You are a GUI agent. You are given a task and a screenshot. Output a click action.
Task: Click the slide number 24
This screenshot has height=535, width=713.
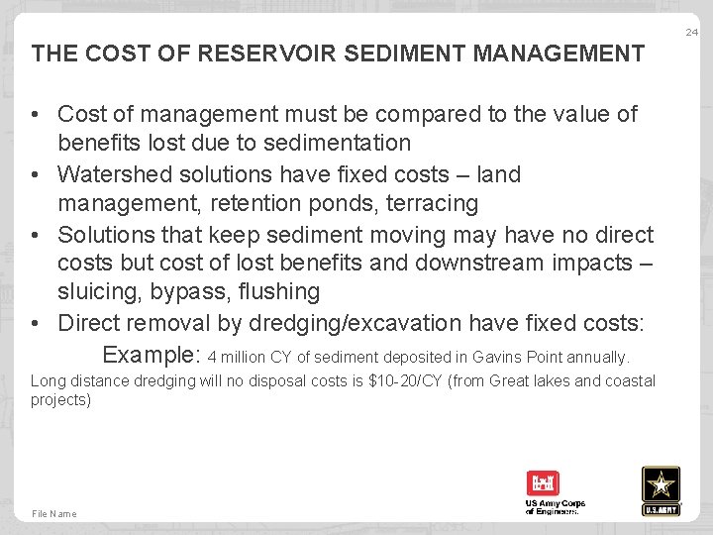692,33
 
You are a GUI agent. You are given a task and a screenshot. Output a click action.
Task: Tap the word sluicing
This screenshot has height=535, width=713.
98,292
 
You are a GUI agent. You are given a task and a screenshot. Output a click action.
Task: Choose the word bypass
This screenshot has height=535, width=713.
188,292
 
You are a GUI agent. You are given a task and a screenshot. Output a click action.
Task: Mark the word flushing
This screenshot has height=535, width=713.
278,292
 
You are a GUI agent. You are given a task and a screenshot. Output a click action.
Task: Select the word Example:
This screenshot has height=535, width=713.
153,355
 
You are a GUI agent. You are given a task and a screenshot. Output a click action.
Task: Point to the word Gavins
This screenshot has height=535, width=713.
501,357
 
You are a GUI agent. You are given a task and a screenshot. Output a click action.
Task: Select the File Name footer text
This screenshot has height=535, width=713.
53,513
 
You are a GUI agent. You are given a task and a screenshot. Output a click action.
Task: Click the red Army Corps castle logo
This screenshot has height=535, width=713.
543,484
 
